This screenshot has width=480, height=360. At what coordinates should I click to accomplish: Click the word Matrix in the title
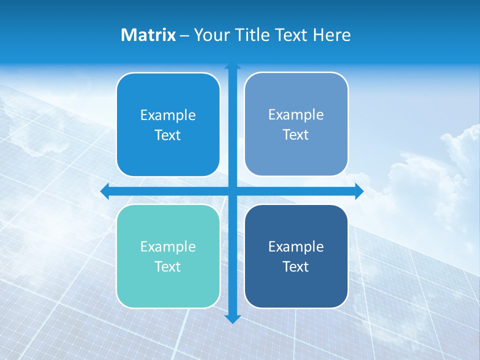click(148, 35)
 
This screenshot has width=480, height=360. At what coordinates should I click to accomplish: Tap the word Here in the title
click(332, 35)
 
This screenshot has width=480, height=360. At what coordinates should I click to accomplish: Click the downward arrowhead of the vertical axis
click(232, 319)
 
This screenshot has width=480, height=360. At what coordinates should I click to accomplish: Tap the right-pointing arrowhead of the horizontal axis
click(359, 191)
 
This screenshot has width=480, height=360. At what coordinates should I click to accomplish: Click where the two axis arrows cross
click(232, 191)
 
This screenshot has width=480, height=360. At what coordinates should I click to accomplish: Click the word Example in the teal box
click(168, 246)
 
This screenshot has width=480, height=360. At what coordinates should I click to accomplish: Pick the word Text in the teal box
click(168, 266)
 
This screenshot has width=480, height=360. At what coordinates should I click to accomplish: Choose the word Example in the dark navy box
click(296, 246)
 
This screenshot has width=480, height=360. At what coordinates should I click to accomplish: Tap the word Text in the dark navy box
click(296, 266)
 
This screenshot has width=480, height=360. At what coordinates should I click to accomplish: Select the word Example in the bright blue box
click(168, 115)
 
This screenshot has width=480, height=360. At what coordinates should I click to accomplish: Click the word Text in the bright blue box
click(168, 135)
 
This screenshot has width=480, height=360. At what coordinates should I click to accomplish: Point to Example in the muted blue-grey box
click(296, 114)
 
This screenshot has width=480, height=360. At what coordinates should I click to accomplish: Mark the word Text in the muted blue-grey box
click(296, 134)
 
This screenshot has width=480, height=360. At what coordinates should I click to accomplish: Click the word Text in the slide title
click(290, 35)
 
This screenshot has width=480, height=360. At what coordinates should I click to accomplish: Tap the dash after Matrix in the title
click(184, 35)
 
